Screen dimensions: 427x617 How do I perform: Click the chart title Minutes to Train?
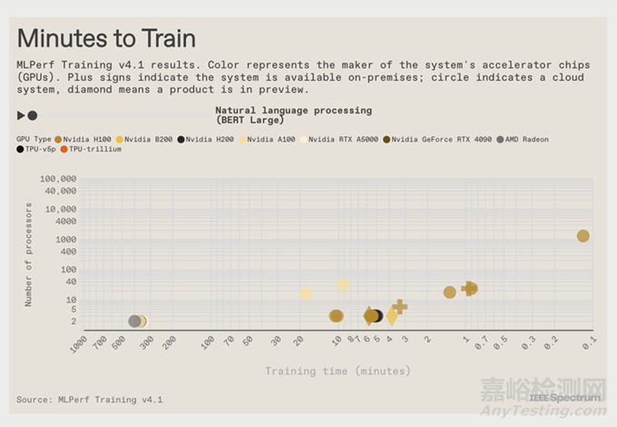(105, 39)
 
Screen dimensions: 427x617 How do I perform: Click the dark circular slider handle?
(33, 115)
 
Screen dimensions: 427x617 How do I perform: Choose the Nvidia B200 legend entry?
(148, 139)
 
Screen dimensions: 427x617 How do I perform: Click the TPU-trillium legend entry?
(95, 149)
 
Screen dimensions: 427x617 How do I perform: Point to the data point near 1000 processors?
(583, 236)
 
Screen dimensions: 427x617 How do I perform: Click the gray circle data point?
(135, 321)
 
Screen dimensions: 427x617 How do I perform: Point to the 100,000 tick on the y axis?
(57, 179)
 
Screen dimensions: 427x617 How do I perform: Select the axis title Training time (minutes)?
(338, 371)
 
